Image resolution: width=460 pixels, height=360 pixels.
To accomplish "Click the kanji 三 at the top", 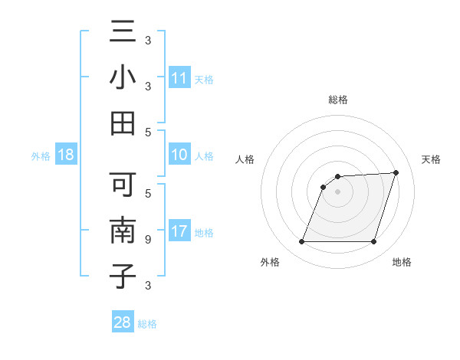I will click(x=123, y=33).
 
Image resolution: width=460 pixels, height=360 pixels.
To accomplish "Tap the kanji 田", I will click(x=123, y=123).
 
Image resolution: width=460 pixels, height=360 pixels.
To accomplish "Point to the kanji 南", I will click(x=123, y=231).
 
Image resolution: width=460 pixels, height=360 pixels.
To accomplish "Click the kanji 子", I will click(x=123, y=276).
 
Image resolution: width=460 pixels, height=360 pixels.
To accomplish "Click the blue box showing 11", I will click(x=179, y=78).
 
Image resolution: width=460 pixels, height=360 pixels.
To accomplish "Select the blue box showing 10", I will click(x=179, y=155).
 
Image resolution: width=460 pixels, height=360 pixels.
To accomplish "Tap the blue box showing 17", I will click(x=179, y=231).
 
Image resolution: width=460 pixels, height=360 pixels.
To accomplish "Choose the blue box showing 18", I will click(x=66, y=155).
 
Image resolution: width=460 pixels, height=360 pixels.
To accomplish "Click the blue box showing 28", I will click(x=123, y=323).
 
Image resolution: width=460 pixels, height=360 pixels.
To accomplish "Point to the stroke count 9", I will click(x=147, y=240).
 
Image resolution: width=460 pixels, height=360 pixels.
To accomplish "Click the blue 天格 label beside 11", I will click(x=204, y=79).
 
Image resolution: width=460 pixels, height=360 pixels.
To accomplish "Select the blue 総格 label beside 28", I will click(x=147, y=324).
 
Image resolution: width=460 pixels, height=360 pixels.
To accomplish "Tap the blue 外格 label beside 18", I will click(x=41, y=156).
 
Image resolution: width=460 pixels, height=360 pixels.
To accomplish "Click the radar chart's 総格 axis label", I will click(x=337, y=100).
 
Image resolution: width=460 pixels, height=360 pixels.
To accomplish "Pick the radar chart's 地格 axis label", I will click(x=402, y=263).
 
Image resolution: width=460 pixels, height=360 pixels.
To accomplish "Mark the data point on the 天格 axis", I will click(x=396, y=172).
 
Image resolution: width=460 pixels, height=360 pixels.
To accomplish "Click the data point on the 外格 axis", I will click(x=301, y=242).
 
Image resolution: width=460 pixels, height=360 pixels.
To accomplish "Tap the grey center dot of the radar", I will click(x=337, y=191).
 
